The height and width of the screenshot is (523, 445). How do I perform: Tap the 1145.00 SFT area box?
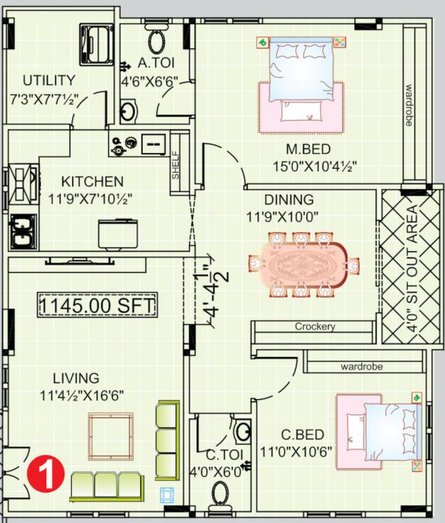[97, 304]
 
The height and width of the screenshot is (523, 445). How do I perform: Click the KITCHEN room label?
[93, 182]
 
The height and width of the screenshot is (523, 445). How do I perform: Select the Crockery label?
[314, 327]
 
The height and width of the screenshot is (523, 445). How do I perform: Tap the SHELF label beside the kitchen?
[176, 165]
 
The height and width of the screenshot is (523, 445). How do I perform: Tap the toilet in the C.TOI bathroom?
[220, 496]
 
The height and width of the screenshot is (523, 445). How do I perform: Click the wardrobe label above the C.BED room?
[361, 366]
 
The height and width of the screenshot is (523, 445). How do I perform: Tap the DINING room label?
[289, 200]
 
